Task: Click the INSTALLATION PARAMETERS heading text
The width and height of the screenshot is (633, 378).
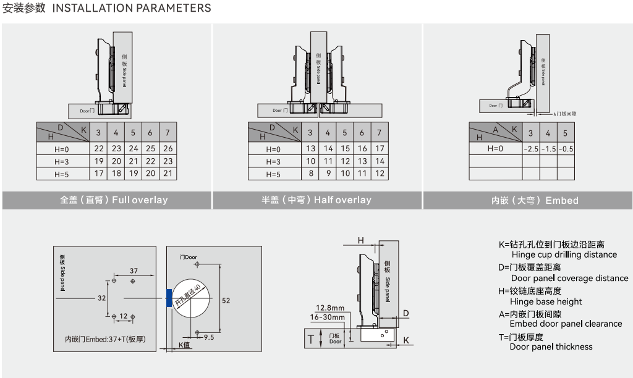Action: tap(132, 8)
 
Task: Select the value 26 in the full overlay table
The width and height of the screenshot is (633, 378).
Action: tap(168, 148)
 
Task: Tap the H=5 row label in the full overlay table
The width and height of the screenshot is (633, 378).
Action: tap(62, 174)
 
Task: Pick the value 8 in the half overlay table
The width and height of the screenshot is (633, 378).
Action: tap(311, 174)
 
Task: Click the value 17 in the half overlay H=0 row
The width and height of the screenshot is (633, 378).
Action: tap(380, 148)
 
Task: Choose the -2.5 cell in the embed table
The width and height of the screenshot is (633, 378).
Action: tap(530, 149)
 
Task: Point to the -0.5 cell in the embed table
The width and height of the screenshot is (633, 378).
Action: tap(565, 149)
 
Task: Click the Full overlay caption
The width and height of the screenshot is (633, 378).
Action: tap(114, 200)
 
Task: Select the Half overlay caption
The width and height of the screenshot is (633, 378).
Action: tap(316, 200)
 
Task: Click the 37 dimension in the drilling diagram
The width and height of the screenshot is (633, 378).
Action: tap(134, 271)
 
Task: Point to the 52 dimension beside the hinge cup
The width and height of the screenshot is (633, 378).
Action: tap(226, 300)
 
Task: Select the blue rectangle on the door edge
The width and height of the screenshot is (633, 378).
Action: tap(168, 298)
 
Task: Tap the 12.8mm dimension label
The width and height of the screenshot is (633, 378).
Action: tap(329, 308)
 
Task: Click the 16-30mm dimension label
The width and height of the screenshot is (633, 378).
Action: tap(327, 317)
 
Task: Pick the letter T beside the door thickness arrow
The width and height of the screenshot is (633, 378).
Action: tap(311, 338)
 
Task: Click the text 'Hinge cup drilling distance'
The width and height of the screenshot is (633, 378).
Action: tap(564, 254)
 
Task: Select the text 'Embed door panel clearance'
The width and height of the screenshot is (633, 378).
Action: tap(566, 324)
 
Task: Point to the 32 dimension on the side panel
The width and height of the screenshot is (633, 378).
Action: tap(101, 298)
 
